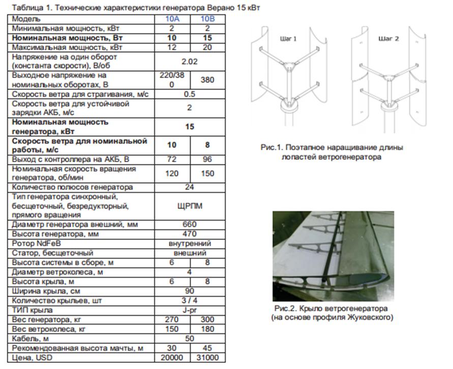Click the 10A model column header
pyautogui.click(x=172, y=19)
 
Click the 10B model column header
pyautogui.click(x=207, y=19)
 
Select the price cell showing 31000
pyautogui.click(x=207, y=358)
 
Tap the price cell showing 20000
pyautogui.click(x=172, y=358)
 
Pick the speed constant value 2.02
pyautogui.click(x=190, y=61)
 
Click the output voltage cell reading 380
pyautogui.click(x=207, y=80)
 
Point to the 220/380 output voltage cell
pyautogui.click(x=172, y=80)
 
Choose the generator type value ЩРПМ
pyautogui.click(x=190, y=206)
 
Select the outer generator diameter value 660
pyautogui.click(x=190, y=224)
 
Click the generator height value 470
pyautogui.click(x=190, y=233)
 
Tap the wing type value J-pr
pyautogui.click(x=190, y=310)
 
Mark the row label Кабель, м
pyautogui.click(x=31, y=339)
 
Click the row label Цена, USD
pyautogui.click(x=32, y=358)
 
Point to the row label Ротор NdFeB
pyautogui.click(x=37, y=244)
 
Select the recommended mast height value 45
pyautogui.click(x=207, y=348)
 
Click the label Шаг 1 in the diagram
pyautogui.click(x=288, y=39)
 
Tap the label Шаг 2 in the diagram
pyautogui.click(x=389, y=39)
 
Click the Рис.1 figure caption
pyautogui.click(x=331, y=152)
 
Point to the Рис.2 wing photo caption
pyautogui.click(x=332, y=313)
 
